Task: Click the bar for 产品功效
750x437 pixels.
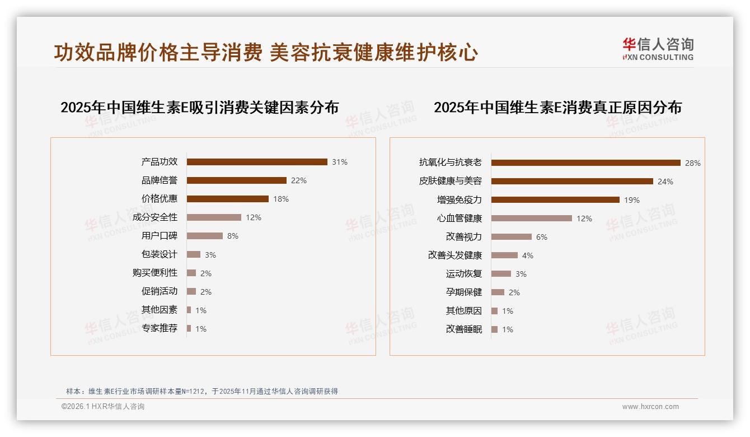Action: click(257, 162)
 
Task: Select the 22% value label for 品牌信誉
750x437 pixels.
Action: click(299, 180)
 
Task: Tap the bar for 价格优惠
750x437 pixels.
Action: click(228, 199)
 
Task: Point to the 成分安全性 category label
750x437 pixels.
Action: click(155, 217)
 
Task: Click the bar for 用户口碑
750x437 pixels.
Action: click(205, 236)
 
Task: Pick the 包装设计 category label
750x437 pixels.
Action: click(160, 254)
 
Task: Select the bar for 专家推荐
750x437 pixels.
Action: click(189, 328)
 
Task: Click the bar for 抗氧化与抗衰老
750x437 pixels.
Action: click(585, 163)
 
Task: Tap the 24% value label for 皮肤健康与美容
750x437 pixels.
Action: click(665, 182)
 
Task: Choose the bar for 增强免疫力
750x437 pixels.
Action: click(555, 200)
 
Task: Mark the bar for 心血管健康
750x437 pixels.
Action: click(532, 218)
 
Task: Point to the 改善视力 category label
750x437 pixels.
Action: click(464, 237)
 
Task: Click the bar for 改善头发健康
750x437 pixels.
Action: click(505, 255)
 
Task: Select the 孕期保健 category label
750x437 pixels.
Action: click(464, 292)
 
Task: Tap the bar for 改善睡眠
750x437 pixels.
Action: click(495, 329)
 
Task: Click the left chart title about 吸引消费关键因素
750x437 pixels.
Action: click(200, 108)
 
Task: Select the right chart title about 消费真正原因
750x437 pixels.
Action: click(557, 108)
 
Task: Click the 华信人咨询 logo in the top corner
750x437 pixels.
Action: click(658, 49)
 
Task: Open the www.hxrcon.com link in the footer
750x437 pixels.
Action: click(650, 407)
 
